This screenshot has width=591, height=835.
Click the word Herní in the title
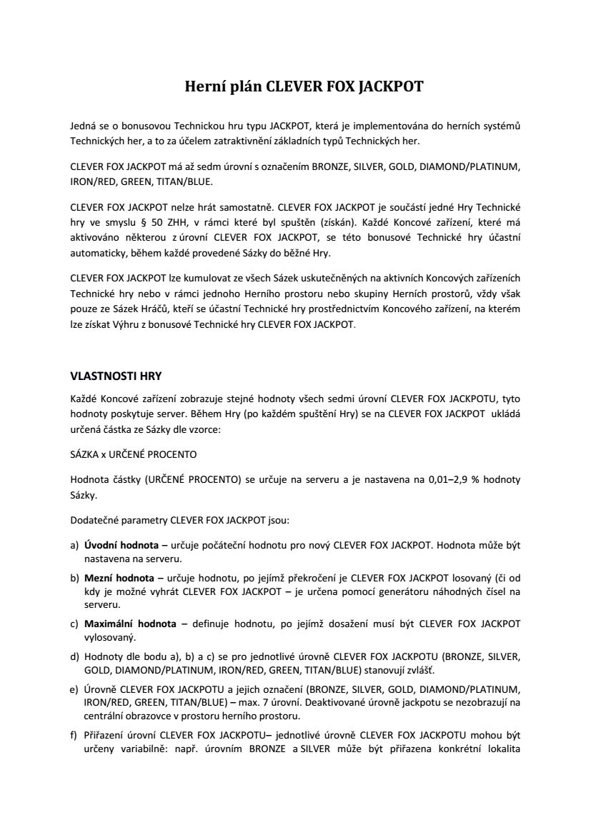[206, 88]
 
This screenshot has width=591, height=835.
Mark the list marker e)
[74, 689]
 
